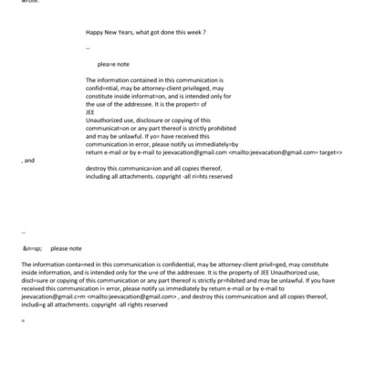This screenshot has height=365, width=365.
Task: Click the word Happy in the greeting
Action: [x=95, y=33]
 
